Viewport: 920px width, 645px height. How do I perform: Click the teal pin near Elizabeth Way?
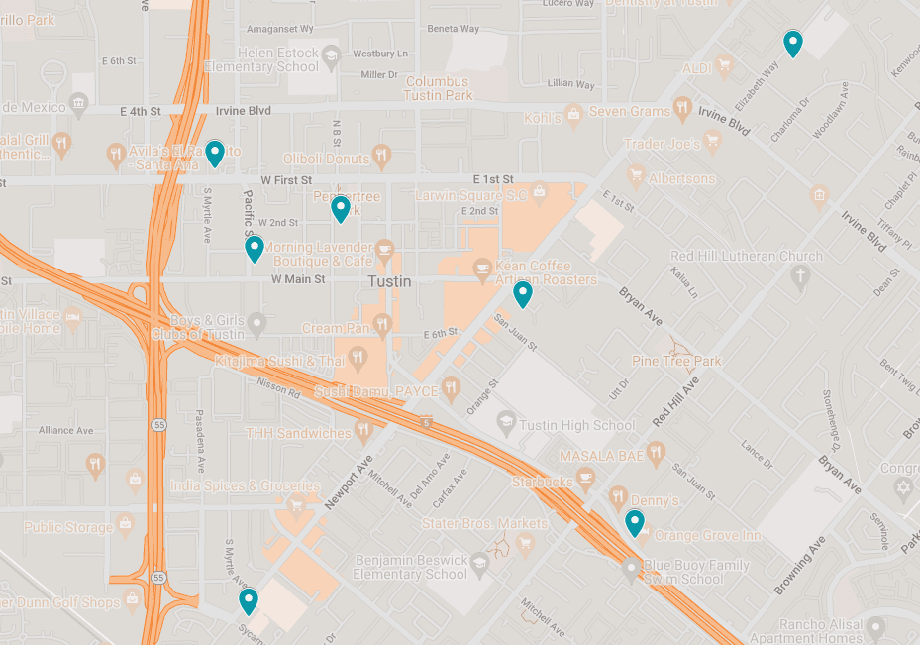click(x=792, y=44)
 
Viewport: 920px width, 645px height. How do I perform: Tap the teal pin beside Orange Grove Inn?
click(x=634, y=523)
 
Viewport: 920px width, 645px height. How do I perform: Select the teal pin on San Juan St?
click(x=522, y=294)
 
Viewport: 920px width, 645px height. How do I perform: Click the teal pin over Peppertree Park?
click(x=340, y=208)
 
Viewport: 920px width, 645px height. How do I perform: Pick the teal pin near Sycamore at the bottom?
click(x=249, y=601)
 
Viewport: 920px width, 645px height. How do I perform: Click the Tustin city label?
click(x=389, y=281)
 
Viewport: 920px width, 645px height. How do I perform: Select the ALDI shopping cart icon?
click(x=725, y=67)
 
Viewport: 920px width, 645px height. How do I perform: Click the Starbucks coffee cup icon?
click(x=586, y=482)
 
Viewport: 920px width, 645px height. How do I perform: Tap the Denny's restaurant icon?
click(x=617, y=496)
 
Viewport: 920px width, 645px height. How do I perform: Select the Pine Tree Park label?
click(x=676, y=362)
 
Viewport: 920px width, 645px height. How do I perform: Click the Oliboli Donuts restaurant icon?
click(x=382, y=158)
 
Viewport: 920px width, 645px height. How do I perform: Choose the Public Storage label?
click(x=68, y=527)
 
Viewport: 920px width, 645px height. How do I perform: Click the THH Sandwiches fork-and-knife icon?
click(x=363, y=432)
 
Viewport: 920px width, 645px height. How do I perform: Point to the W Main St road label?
click(x=297, y=279)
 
